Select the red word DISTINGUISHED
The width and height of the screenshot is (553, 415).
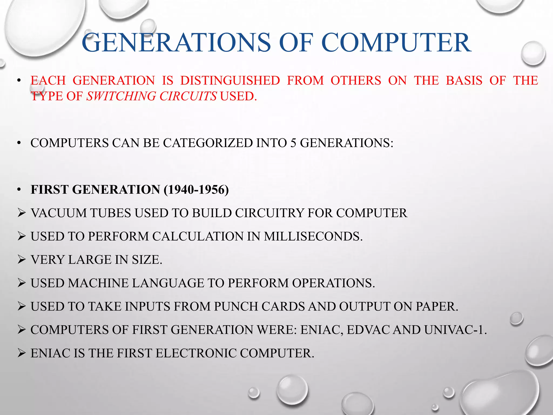coord(230,81)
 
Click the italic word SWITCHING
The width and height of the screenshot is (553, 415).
coord(122,96)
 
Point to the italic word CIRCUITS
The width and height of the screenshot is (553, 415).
coord(188,96)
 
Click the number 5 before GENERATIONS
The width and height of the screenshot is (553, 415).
coord(293,143)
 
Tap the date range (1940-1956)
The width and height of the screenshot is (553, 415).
coord(196,190)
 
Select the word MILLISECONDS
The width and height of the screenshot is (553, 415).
coord(313,236)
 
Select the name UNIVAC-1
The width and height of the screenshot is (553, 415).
coord(455,330)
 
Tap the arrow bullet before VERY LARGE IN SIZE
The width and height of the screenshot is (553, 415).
coord(21,260)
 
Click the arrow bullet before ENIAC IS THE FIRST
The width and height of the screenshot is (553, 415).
coord(21,353)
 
